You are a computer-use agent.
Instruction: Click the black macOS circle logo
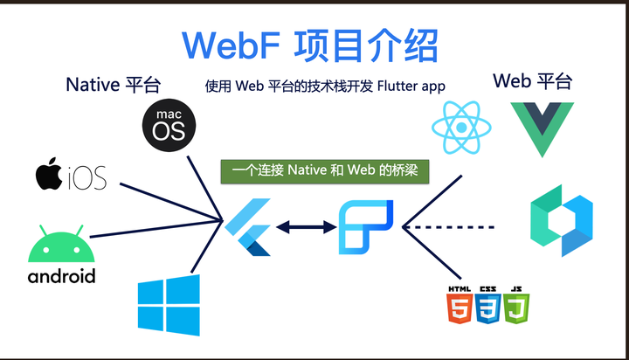tap(169, 126)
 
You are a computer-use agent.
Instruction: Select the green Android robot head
tap(60, 246)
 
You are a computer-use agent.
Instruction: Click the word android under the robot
tap(61, 277)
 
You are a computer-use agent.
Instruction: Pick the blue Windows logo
tap(169, 305)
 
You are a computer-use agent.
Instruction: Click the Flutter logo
tap(248, 227)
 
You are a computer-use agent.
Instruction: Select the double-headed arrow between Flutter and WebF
tap(306, 227)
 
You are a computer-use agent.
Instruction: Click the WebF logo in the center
tap(365, 227)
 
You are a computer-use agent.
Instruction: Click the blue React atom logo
tap(459, 126)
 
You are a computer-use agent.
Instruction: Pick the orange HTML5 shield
tap(459, 307)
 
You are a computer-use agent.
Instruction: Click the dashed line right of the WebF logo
tap(454, 227)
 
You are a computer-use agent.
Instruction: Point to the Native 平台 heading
tap(114, 85)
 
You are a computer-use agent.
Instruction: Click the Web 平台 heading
tap(532, 82)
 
